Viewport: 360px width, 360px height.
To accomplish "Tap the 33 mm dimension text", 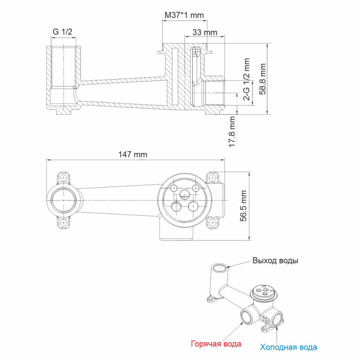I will click(204, 32).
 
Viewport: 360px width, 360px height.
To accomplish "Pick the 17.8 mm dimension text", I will click(232, 131).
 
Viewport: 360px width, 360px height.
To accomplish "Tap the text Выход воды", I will click(275, 261).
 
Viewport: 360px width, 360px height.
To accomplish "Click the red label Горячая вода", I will click(216, 344).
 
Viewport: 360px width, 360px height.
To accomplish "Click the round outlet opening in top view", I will click(63, 200).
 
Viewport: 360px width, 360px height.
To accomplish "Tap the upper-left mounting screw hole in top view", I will click(64, 178).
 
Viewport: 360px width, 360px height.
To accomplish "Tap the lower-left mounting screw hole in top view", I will click(64, 222).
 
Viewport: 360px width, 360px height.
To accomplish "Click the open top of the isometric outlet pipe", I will click(220, 269).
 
